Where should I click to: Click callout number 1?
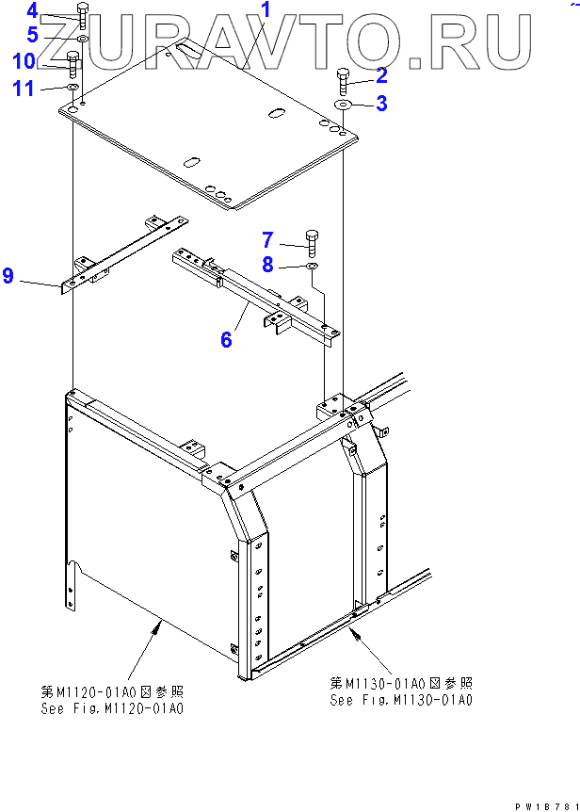coord(266,11)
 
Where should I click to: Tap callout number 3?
coord(380,104)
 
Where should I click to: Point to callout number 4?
coord(32,11)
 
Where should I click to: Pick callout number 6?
coord(226,339)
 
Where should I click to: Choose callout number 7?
coord(267,239)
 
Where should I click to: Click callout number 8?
coord(267,267)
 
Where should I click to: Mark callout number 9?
coord(8,276)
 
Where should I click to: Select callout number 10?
coord(24,61)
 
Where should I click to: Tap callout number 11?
coord(24,89)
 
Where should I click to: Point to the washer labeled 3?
coord(343,105)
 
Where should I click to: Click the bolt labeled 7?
coord(312,241)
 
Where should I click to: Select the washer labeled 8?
coord(312,268)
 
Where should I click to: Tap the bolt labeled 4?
coord(82,16)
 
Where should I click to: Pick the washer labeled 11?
coord(72,89)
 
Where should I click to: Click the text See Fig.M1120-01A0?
coord(112,708)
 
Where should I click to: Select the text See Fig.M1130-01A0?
coord(400,700)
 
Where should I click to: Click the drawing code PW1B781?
coord(545,806)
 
